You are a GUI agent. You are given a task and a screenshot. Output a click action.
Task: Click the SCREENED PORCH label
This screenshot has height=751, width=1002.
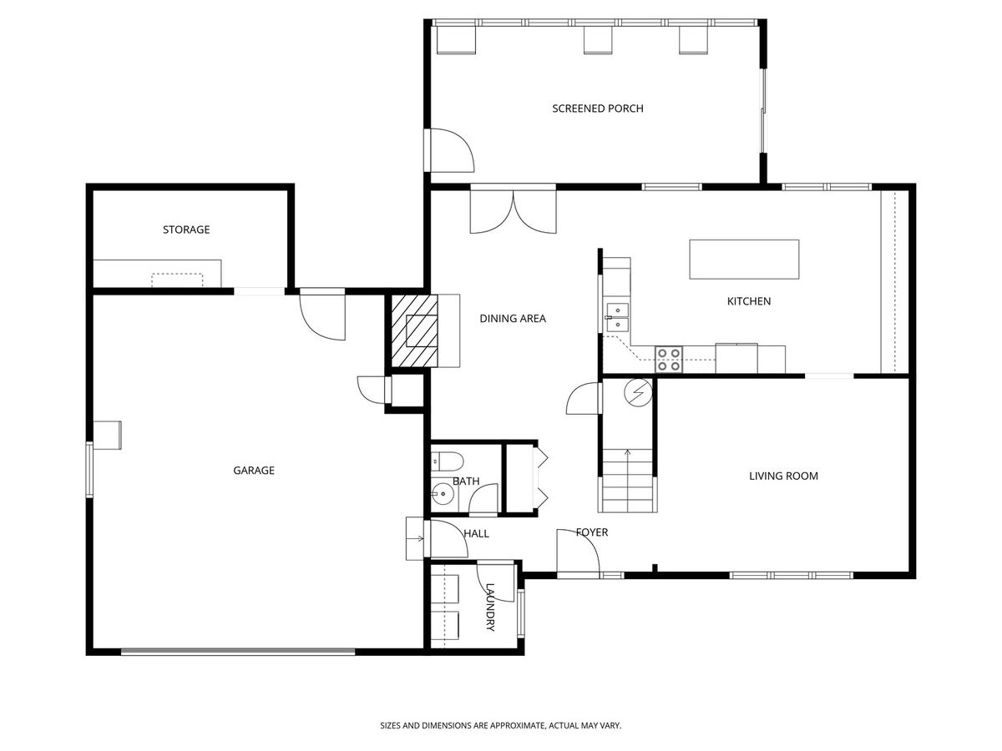pos(598,108)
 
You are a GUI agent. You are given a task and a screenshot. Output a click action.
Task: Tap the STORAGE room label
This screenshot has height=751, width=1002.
pos(186,229)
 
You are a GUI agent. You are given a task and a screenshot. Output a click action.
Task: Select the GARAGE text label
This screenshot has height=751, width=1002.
pos(254,470)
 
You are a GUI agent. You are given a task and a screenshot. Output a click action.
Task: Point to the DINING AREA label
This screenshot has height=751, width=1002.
pos(513,318)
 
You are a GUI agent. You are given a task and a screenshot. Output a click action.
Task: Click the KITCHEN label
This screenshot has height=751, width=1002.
pos(749,301)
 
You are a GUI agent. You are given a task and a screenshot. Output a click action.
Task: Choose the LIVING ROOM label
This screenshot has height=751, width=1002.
pos(783,476)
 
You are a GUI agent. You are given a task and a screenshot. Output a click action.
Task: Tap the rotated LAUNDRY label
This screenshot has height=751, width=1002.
pos(490,607)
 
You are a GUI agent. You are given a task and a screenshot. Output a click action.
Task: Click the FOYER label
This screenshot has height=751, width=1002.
pos(592,532)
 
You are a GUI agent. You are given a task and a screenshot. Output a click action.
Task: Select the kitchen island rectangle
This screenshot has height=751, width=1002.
pos(744,259)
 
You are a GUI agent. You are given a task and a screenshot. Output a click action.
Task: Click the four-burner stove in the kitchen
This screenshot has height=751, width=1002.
pos(669,360)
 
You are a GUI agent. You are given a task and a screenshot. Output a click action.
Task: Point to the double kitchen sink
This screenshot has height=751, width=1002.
pos(617,317)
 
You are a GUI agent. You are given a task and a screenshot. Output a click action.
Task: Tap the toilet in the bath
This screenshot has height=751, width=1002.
pos(448,461)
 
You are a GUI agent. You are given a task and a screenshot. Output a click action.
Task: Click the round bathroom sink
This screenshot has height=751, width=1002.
pos(443,494)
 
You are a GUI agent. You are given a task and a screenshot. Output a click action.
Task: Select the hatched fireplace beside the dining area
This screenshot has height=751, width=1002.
pos(414,330)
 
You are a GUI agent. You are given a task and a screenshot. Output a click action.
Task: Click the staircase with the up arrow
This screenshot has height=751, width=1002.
pos(628,481)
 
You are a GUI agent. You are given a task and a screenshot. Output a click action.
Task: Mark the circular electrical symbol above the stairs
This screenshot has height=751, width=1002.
pos(639,392)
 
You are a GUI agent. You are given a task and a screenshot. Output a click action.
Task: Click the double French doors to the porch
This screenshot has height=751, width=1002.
pos(514,209)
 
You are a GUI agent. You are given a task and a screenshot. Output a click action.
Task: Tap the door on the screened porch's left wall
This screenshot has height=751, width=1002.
pos(449,150)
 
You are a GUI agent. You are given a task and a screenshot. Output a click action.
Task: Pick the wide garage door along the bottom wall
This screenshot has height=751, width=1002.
pos(238,652)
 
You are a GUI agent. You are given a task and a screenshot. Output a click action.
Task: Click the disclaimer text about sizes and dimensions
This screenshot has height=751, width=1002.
pos(501,725)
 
